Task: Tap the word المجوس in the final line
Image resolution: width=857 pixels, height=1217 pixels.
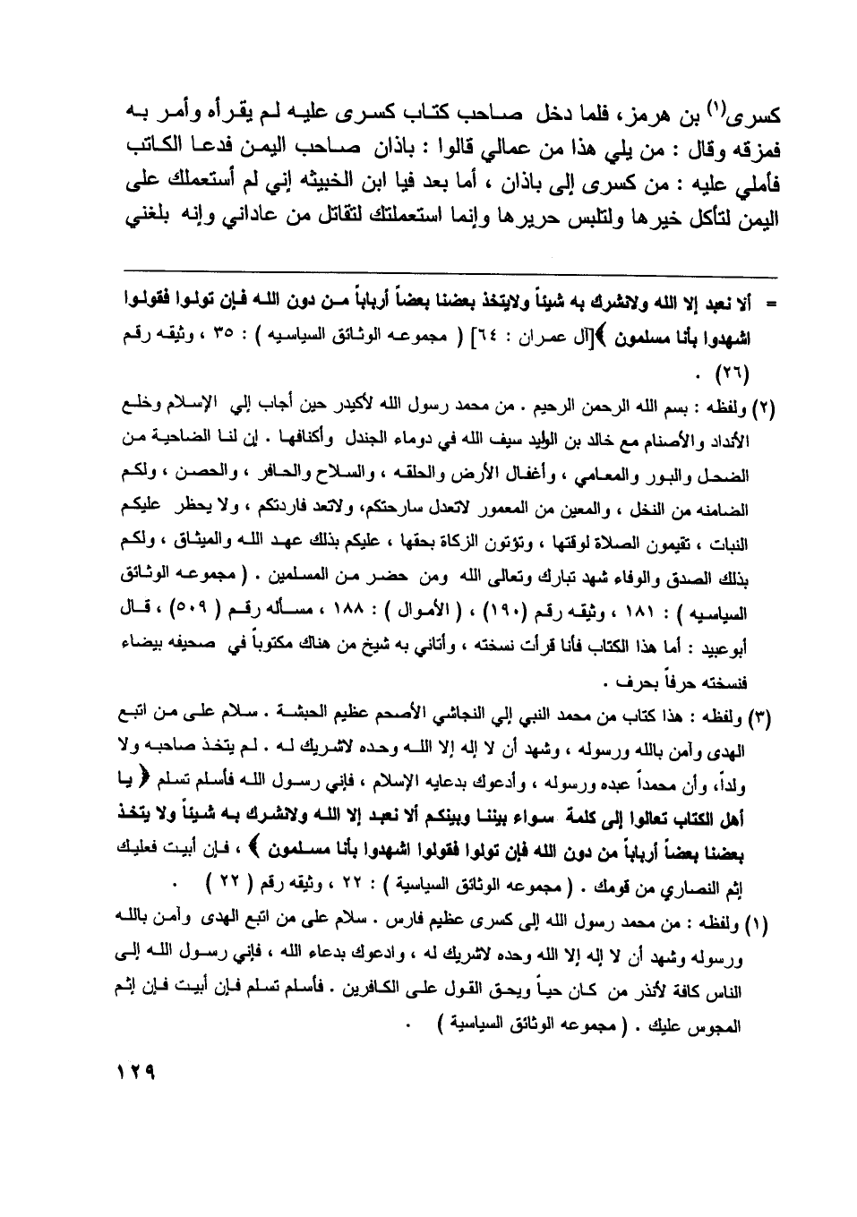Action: (x=720, y=1018)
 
